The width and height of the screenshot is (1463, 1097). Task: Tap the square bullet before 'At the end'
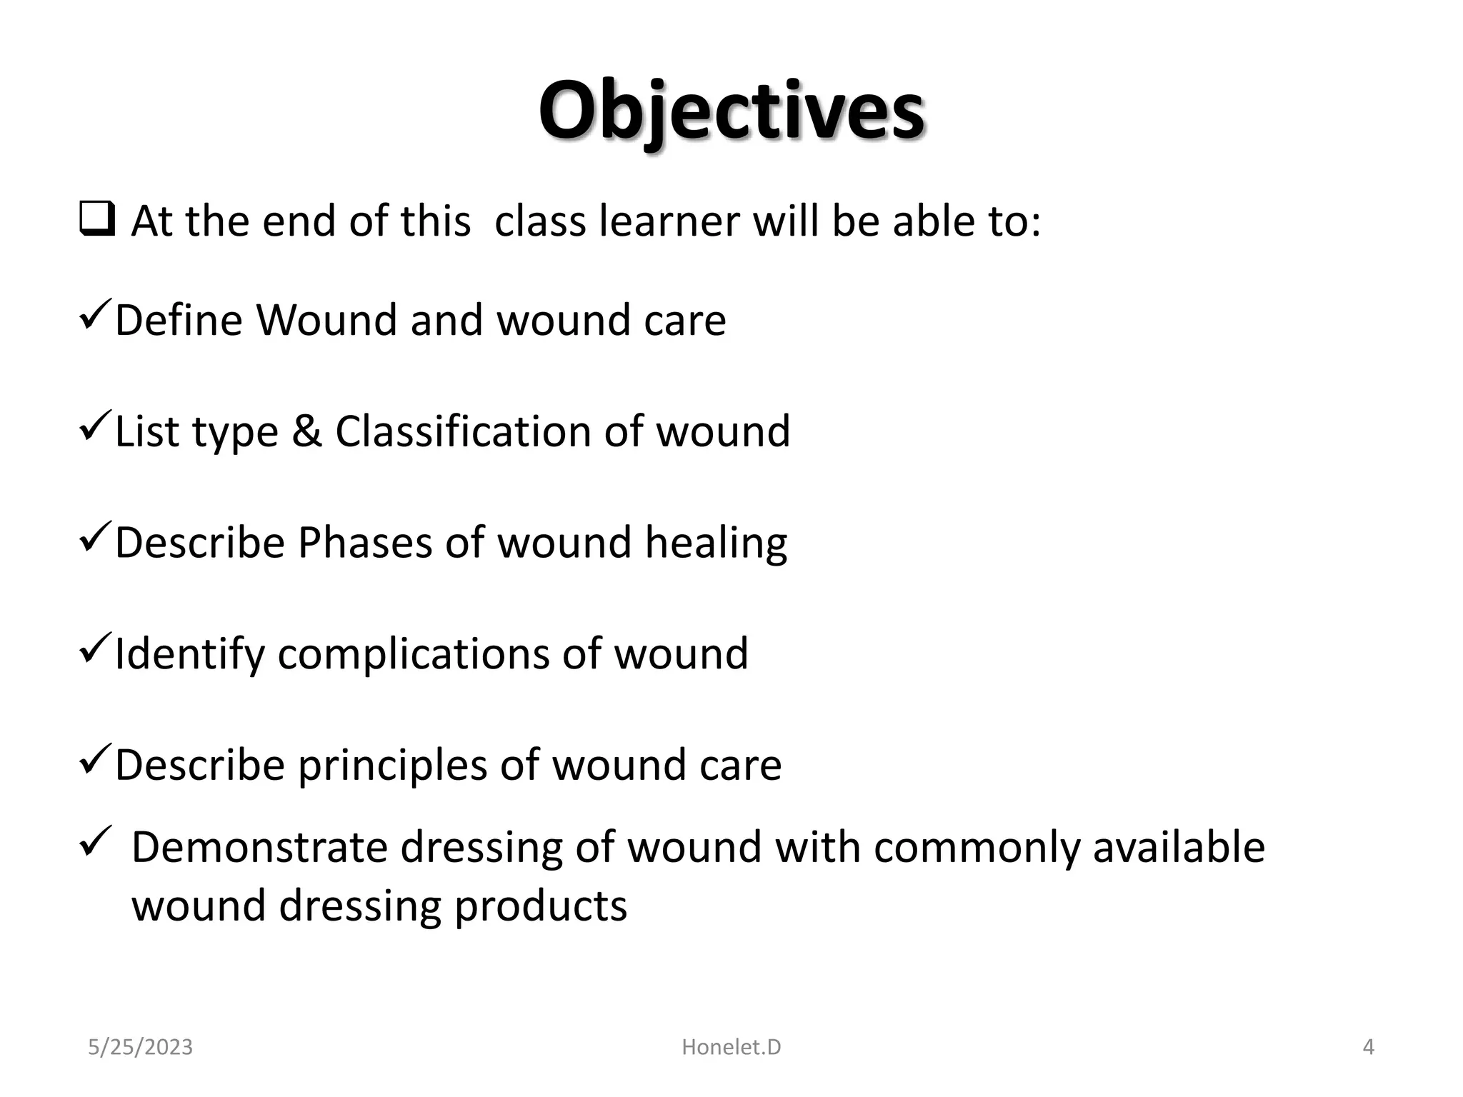pyautogui.click(x=97, y=220)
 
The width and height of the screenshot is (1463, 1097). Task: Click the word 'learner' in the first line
pyautogui.click(x=669, y=221)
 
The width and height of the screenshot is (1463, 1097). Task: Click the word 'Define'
pyautogui.click(x=179, y=319)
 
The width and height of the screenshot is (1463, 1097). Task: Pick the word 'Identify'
pyautogui.click(x=189, y=654)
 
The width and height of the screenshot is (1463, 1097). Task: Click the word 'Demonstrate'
pyautogui.click(x=259, y=848)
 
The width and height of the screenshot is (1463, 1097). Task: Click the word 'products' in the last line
pyautogui.click(x=541, y=907)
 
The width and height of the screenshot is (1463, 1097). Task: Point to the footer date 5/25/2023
pyautogui.click(x=140, y=1048)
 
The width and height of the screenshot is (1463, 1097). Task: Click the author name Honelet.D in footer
pyautogui.click(x=731, y=1048)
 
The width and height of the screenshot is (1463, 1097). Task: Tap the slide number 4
pyautogui.click(x=1368, y=1048)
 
